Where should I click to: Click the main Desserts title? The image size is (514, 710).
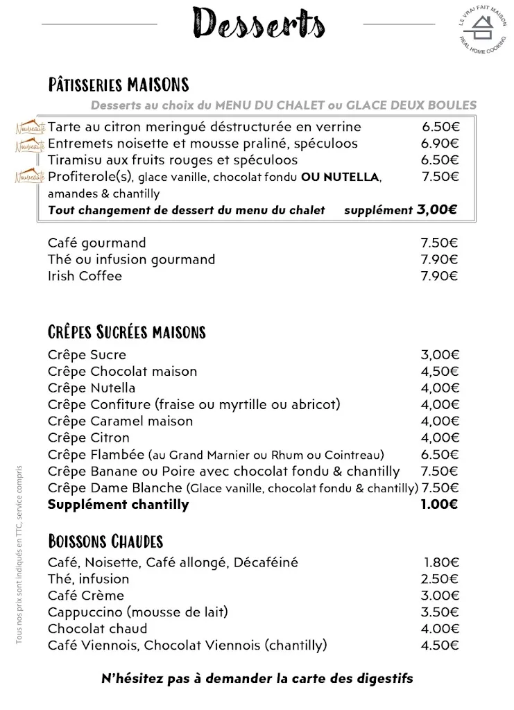259,24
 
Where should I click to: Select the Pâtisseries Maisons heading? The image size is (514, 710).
118,85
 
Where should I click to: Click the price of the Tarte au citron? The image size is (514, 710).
440,127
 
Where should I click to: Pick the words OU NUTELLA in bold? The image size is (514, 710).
340,177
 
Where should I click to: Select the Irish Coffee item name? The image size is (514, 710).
85,276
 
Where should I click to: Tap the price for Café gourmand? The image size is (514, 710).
439,243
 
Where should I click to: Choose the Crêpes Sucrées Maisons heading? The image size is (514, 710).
126,332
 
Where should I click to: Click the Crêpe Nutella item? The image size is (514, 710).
92,388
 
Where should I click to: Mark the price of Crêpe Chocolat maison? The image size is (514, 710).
439,371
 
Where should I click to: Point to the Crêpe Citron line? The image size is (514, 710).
88,438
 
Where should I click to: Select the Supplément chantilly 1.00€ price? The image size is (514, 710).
439,504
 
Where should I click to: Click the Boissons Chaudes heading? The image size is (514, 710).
105,541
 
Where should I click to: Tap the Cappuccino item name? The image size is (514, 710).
137,612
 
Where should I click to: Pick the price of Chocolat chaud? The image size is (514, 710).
439,629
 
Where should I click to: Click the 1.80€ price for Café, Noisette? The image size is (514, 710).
440,562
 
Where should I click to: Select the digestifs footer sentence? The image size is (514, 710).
257,678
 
